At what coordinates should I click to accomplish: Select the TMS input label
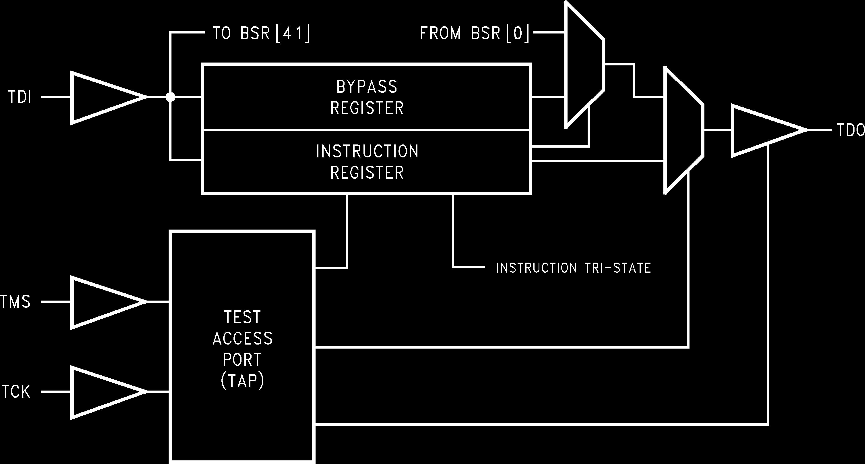pos(15,302)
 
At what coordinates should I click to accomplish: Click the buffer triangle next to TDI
pos(101,98)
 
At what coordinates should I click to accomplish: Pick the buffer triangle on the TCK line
pos(101,392)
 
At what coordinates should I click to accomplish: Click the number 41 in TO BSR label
pos(293,34)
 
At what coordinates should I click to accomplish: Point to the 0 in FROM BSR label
pos(517,34)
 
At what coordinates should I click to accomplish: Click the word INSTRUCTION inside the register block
pos(367,151)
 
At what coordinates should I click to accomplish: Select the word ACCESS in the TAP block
pos(242,339)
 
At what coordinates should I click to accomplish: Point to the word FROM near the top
pos(440,34)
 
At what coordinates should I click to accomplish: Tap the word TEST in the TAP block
pos(242,317)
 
